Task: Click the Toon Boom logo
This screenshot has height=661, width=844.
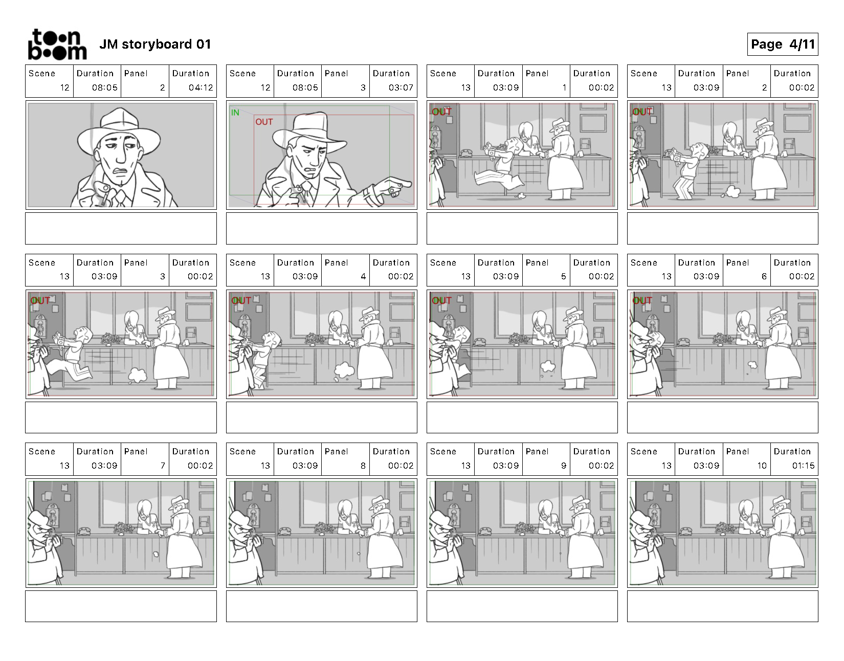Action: pyautogui.click(x=57, y=45)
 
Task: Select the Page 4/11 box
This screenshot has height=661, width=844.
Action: pyautogui.click(x=782, y=45)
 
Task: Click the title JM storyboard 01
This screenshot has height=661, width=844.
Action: pyautogui.click(x=155, y=45)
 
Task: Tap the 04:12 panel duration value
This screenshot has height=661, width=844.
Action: pyautogui.click(x=201, y=88)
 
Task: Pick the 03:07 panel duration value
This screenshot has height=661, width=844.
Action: pyautogui.click(x=401, y=88)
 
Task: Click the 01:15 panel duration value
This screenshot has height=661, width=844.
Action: pyautogui.click(x=803, y=466)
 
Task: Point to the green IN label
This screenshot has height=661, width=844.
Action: pyautogui.click(x=235, y=113)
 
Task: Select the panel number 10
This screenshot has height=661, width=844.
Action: pyautogui.click(x=762, y=466)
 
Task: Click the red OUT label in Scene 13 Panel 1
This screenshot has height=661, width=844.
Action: pyautogui.click(x=441, y=112)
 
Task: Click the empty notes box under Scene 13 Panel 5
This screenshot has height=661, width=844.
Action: pyautogui.click(x=522, y=417)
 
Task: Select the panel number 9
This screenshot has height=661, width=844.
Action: pyautogui.click(x=564, y=466)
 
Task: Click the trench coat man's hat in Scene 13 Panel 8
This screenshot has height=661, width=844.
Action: pyautogui.click(x=378, y=503)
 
